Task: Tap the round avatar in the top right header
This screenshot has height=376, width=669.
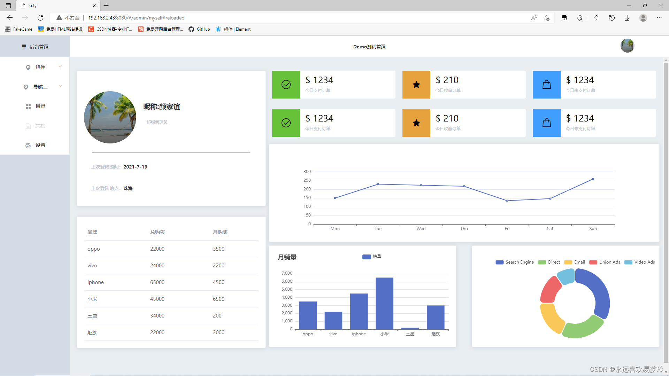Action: pyautogui.click(x=627, y=46)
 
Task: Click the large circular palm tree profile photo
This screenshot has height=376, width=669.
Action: pyautogui.click(x=110, y=117)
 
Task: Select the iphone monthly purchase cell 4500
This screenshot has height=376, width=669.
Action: pyautogui.click(x=218, y=282)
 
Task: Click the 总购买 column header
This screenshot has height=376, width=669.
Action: pyautogui.click(x=157, y=232)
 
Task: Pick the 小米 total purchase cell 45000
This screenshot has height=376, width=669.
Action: pyautogui.click(x=157, y=299)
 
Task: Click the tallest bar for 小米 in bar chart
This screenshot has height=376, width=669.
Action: pyautogui.click(x=384, y=303)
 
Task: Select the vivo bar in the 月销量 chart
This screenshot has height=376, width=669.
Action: pyautogui.click(x=333, y=320)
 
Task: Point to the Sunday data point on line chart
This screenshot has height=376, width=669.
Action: pyautogui.click(x=593, y=179)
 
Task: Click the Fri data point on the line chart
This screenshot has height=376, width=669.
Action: pyautogui.click(x=507, y=201)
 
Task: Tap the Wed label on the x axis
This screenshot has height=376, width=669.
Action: pyautogui.click(x=421, y=229)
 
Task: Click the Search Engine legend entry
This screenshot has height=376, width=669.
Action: pyautogui.click(x=515, y=262)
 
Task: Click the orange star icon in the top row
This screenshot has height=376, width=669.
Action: pyautogui.click(x=416, y=85)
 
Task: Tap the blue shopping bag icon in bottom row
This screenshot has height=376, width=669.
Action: pyautogui.click(x=546, y=123)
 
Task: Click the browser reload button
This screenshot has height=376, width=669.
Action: pyautogui.click(x=40, y=18)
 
